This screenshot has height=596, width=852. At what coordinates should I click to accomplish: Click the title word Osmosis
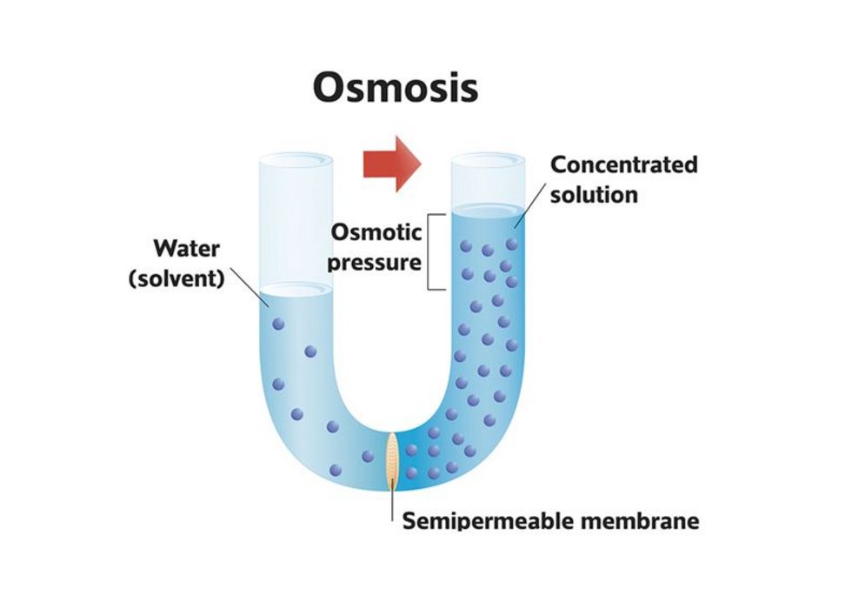395,87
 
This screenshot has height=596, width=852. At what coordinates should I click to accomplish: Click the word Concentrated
624,164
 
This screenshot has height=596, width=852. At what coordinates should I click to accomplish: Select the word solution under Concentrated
594,194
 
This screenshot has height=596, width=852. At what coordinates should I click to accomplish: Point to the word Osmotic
376,232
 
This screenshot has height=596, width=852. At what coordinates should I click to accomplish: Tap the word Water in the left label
187,249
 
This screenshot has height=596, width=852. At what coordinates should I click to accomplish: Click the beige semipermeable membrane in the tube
394,459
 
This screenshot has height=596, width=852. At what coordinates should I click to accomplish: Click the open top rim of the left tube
297,160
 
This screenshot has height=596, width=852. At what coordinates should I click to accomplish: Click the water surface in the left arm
297,291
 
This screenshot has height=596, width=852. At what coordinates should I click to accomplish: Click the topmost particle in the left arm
278,324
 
